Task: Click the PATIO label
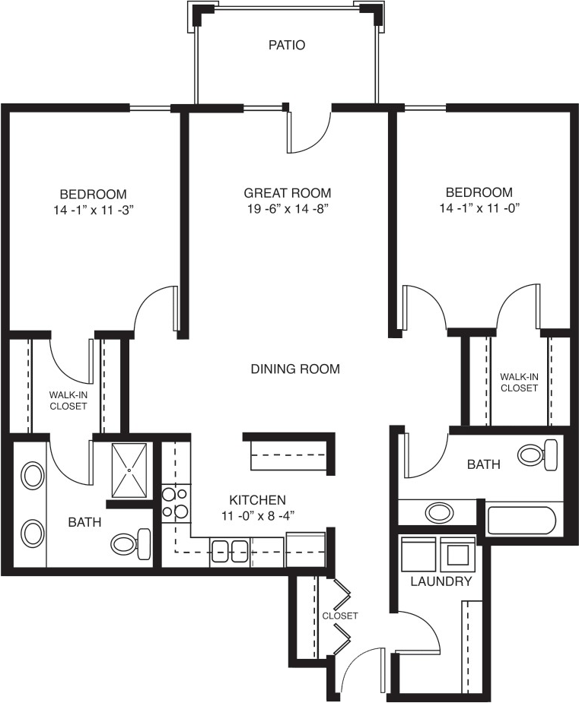pyautogui.click(x=287, y=45)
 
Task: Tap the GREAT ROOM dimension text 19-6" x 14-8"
pyautogui.click(x=288, y=209)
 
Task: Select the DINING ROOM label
pyautogui.click(x=295, y=369)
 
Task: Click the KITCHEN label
pyautogui.click(x=258, y=500)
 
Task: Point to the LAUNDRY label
pyautogui.click(x=441, y=582)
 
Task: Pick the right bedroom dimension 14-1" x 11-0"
pyautogui.click(x=479, y=208)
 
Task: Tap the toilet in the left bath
pyautogui.click(x=131, y=544)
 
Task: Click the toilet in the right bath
pyautogui.click(x=538, y=454)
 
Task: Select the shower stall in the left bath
pyautogui.click(x=129, y=470)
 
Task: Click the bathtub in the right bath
pyautogui.click(x=522, y=521)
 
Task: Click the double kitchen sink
pyautogui.click(x=229, y=551)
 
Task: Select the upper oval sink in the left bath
pyautogui.click(x=33, y=476)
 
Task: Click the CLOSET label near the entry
pyautogui.click(x=340, y=616)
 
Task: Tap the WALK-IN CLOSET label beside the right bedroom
pyautogui.click(x=520, y=382)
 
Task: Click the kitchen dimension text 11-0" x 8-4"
pyautogui.click(x=257, y=515)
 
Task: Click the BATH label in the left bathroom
pyautogui.click(x=84, y=522)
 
